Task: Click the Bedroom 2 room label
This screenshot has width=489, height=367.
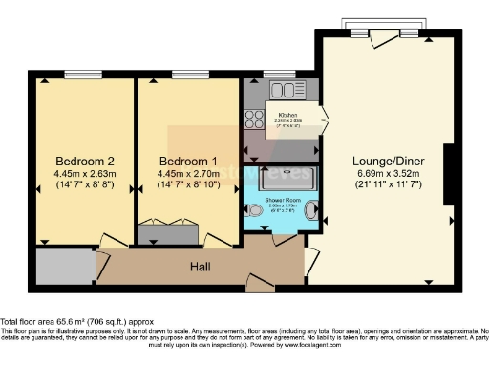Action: coord(84,160)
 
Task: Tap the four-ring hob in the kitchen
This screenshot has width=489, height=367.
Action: coord(255,119)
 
